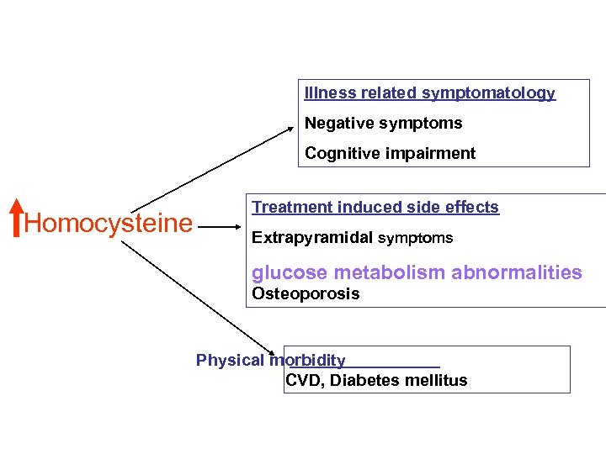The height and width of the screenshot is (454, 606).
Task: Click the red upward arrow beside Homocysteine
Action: coord(17,217)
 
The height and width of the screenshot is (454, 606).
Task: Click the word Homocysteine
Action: coord(109,224)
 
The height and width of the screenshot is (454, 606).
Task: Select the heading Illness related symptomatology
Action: coord(429,92)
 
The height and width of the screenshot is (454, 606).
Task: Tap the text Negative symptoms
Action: coord(383,124)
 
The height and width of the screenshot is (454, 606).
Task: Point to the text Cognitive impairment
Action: coord(390,153)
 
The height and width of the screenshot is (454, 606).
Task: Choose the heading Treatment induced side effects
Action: coord(375,207)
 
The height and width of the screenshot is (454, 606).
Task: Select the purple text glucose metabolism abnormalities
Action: coord(417,272)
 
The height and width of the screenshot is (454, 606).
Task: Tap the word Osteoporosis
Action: coord(306,293)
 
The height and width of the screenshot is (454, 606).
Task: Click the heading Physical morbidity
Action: coord(270,360)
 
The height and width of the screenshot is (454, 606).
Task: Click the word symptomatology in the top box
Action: coord(488,92)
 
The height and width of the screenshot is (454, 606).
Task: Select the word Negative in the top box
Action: coord(338,124)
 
